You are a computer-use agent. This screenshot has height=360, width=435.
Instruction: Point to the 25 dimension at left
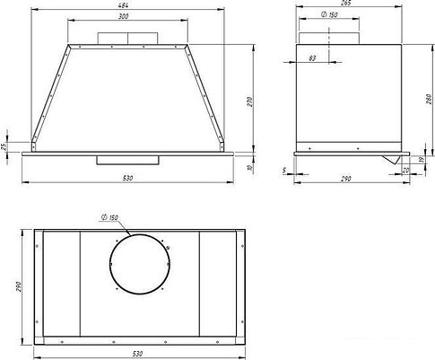tap(4, 145)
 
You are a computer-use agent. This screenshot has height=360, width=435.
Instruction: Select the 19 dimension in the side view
tap(421, 159)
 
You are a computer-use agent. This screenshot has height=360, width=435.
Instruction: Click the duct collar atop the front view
tap(126, 39)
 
